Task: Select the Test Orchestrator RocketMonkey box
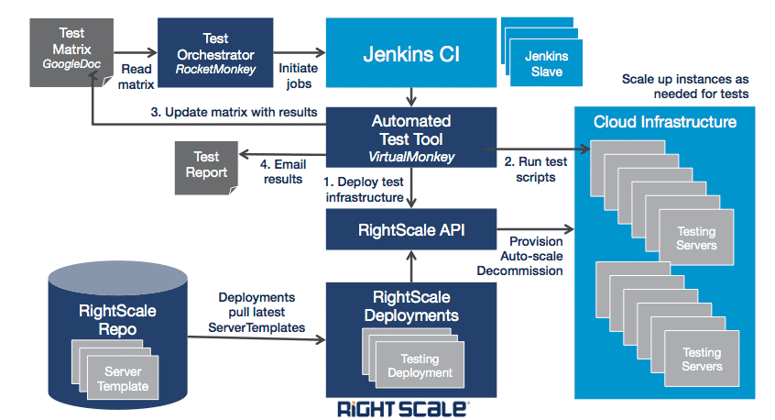(x=215, y=54)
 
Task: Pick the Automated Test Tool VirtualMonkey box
(x=411, y=138)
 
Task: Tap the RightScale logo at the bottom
(x=404, y=408)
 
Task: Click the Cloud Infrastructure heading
(x=664, y=122)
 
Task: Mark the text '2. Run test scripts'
(x=536, y=170)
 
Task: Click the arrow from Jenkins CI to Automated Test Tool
(x=411, y=95)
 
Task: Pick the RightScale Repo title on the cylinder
(x=116, y=320)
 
